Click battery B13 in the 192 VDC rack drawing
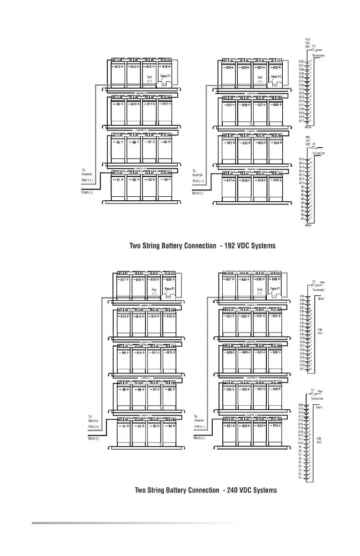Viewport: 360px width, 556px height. [118, 73]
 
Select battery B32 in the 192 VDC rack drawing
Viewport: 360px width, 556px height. [276, 73]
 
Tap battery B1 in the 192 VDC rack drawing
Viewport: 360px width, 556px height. [118, 186]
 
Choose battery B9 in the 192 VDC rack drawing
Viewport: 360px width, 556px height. [118, 110]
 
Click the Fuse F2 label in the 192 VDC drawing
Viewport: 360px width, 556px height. [276, 77]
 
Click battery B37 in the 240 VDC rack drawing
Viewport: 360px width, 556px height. [229, 285]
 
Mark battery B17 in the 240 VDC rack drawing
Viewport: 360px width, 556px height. [124, 286]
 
